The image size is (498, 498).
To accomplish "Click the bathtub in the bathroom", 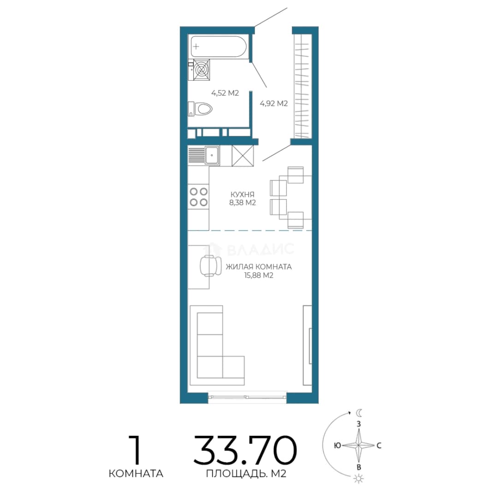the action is [219, 47].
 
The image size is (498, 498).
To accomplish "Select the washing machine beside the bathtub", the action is [202, 70].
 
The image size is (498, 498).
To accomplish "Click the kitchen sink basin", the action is [212, 155].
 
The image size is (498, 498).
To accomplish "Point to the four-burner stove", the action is [198, 196].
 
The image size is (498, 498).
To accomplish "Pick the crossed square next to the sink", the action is [243, 156].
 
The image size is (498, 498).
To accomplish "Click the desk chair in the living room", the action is [210, 266].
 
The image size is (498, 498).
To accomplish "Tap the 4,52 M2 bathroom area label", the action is [225, 93].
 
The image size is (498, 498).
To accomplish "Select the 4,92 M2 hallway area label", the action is [274, 103].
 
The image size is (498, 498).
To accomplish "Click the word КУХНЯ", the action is [243, 195].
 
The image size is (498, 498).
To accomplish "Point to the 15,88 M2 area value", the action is [259, 275].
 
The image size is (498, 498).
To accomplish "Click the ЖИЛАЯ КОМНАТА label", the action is [259, 267].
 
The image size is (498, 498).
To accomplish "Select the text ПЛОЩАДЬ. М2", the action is [246, 474].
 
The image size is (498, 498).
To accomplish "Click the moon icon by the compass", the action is [359, 413].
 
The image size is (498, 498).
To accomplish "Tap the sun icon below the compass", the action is [358, 478].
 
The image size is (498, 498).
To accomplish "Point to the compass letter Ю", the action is [337, 445].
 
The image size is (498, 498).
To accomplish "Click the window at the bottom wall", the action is [248, 397].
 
